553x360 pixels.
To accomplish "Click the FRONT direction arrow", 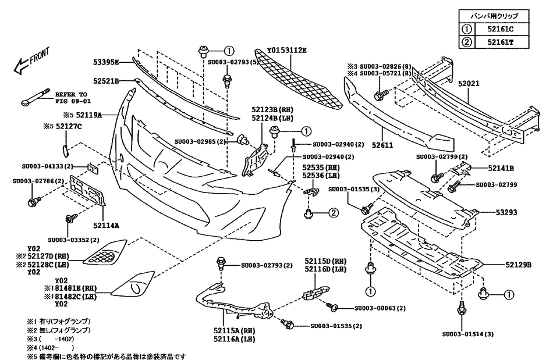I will click(28, 62).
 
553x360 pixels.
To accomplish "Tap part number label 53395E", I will click(107, 61).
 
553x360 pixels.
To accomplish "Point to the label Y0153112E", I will click(287, 51).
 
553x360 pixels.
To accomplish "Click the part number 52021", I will click(468, 83).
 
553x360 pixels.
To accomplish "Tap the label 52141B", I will click(500, 168).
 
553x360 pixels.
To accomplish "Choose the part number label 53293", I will click(506, 213).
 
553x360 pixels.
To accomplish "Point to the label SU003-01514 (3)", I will click(468, 334).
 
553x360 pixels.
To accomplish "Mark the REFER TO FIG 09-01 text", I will click(70, 97).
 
